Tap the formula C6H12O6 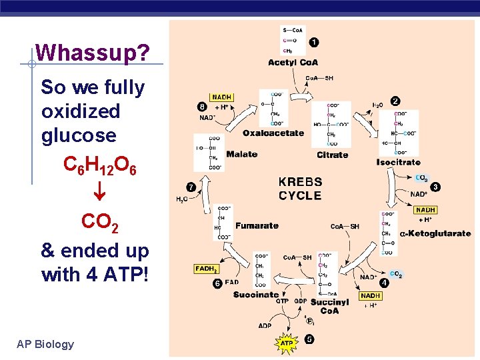coord(100,165)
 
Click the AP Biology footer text coord(45,344)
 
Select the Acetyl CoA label coord(293,63)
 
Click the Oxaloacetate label coord(273,133)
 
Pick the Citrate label coord(332,155)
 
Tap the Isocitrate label coord(398,162)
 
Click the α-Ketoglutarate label coord(435,233)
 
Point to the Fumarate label coord(257,225)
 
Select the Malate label coord(241,154)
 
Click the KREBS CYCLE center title coord(300,189)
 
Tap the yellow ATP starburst coord(287,343)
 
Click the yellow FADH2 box coord(207,269)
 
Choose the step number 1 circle coord(313,43)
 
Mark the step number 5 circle coord(309,339)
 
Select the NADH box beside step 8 coord(221,97)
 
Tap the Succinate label coord(256,294)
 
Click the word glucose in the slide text coord(79,135)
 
